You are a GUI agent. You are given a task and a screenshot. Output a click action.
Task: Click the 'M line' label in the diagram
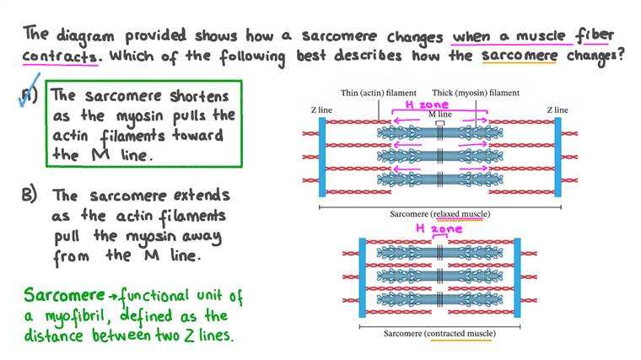click(439, 113)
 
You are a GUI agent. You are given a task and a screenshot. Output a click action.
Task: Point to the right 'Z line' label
click(557, 110)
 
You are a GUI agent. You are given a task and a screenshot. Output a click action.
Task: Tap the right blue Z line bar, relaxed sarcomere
click(557, 156)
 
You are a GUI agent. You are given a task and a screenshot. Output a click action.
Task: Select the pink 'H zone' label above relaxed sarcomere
click(426, 104)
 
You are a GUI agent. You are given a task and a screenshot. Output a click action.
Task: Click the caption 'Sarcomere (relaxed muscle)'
click(439, 214)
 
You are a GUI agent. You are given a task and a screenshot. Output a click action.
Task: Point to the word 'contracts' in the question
click(62, 60)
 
